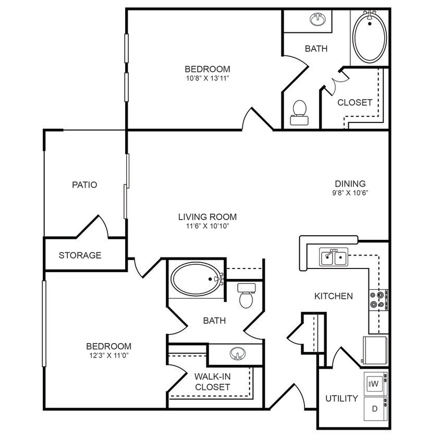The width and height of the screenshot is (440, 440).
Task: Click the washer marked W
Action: (375, 384)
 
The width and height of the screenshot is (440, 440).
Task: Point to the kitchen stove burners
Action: (377, 299)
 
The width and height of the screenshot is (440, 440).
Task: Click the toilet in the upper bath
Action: (299, 113)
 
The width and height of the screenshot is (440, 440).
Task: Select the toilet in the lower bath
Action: (245, 295)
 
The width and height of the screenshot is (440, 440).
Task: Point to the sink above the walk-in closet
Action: (237, 355)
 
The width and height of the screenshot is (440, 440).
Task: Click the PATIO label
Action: (84, 185)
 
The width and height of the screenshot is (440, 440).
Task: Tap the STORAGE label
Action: (80, 255)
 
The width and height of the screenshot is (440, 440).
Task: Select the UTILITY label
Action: (341, 398)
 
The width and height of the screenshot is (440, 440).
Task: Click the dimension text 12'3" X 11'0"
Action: (108, 356)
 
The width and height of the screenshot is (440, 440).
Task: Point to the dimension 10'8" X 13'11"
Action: (207, 78)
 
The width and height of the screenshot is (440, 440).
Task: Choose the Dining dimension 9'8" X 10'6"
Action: (350, 192)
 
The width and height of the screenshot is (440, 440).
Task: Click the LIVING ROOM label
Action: (207, 217)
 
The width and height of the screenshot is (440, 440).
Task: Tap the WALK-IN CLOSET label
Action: (212, 382)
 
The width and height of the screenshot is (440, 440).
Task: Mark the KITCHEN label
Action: (334, 296)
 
